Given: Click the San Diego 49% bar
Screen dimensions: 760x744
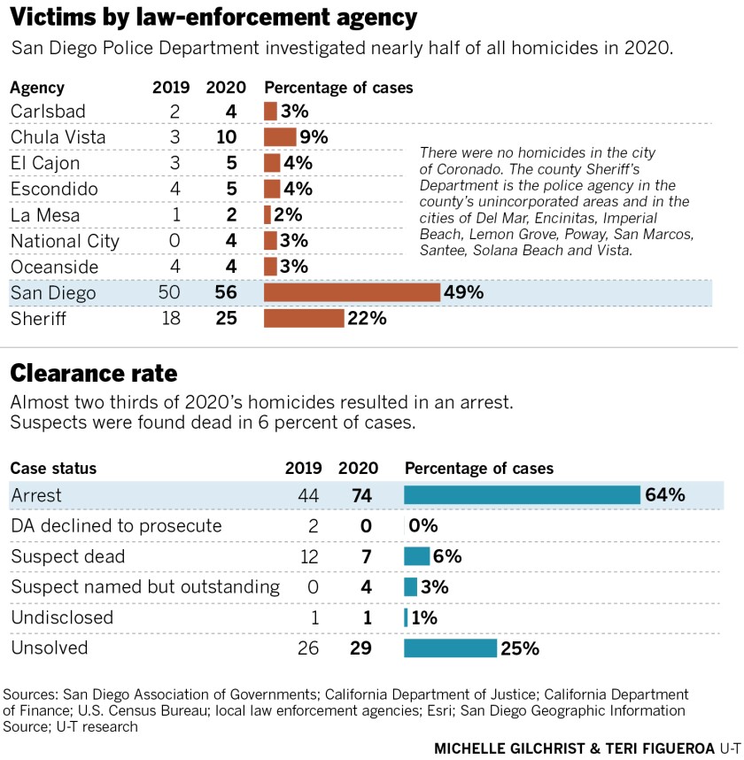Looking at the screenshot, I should (352, 292).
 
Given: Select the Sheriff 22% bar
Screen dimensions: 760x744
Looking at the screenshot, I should (304, 318).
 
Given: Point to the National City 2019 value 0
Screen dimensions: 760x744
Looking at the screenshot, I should (174, 241).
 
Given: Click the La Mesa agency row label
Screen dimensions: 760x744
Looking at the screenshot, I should (44, 215).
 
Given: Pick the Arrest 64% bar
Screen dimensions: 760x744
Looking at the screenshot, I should (522, 495).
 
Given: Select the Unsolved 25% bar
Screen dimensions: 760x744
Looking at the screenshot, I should (450, 648).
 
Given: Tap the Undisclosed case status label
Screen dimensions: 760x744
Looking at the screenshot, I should (62, 617).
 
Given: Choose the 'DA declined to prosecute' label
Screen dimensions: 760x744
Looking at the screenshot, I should (116, 526).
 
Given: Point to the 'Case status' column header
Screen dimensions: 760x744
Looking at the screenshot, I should (53, 469).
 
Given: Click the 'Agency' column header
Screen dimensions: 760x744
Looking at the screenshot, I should (37, 89).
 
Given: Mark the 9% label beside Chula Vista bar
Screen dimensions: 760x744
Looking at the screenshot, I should (314, 137).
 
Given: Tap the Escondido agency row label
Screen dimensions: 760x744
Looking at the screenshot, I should (54, 190).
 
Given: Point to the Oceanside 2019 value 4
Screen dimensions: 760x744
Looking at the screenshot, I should (174, 267).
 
